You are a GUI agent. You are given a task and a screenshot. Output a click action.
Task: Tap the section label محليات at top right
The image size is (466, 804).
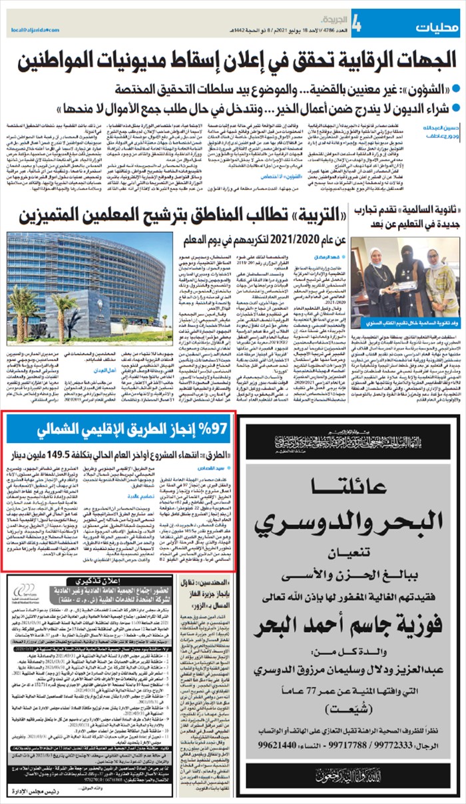(437, 27)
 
